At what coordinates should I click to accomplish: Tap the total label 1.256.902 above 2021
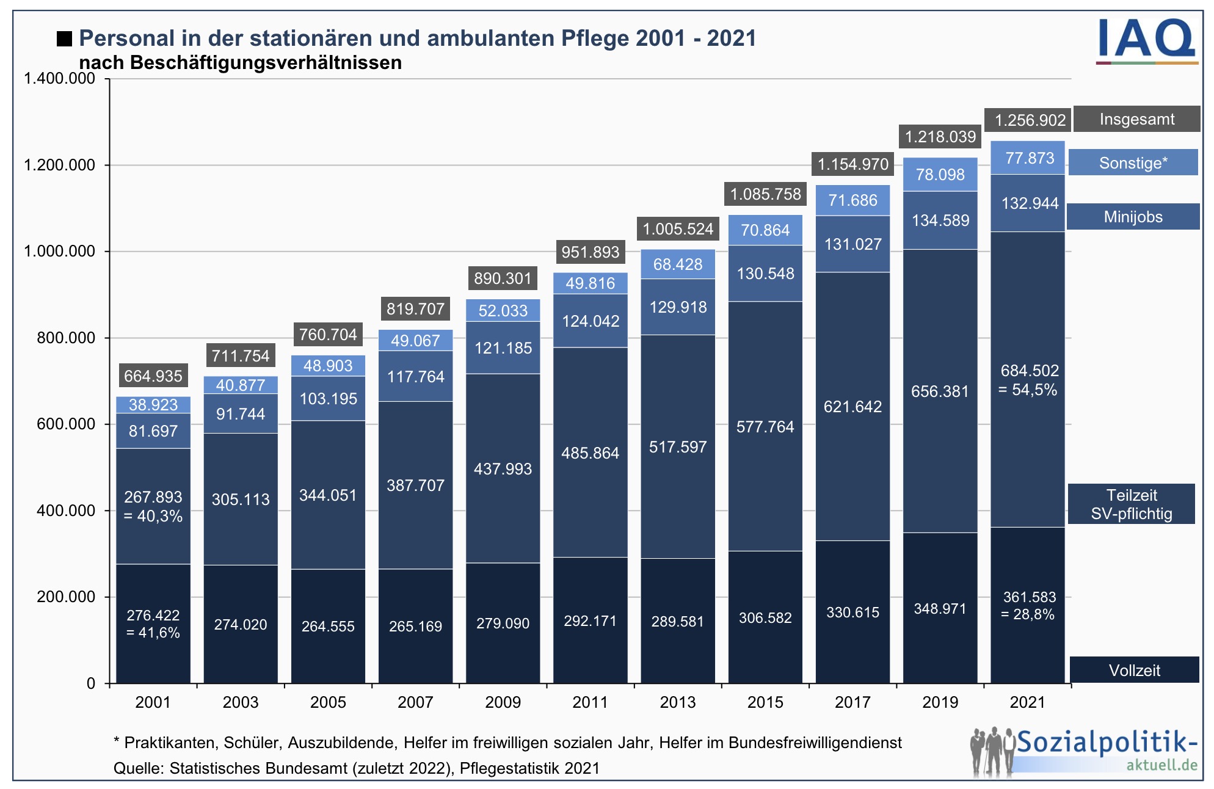[x=1030, y=120]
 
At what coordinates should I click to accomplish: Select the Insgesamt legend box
[x=1136, y=119]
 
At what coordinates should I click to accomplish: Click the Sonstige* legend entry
[x=1133, y=163]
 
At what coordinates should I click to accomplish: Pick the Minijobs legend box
[x=1133, y=217]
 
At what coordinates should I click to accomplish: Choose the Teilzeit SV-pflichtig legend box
[x=1131, y=504]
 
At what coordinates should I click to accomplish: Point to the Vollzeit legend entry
[x=1134, y=670]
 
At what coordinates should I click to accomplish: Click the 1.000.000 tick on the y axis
[x=59, y=251]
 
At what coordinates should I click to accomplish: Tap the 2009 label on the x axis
[x=503, y=702]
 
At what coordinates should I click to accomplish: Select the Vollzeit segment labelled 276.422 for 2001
[x=153, y=623]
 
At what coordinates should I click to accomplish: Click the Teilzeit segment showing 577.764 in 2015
[x=765, y=426]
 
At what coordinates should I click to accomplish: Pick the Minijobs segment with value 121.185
[x=503, y=348]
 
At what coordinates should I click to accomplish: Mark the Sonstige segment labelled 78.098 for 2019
[x=940, y=175]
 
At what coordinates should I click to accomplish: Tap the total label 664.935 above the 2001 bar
[x=153, y=376]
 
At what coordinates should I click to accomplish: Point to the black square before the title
[x=64, y=39]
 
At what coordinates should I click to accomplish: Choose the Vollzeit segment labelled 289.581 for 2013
[x=678, y=621]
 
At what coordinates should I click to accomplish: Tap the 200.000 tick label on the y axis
[x=66, y=597]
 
